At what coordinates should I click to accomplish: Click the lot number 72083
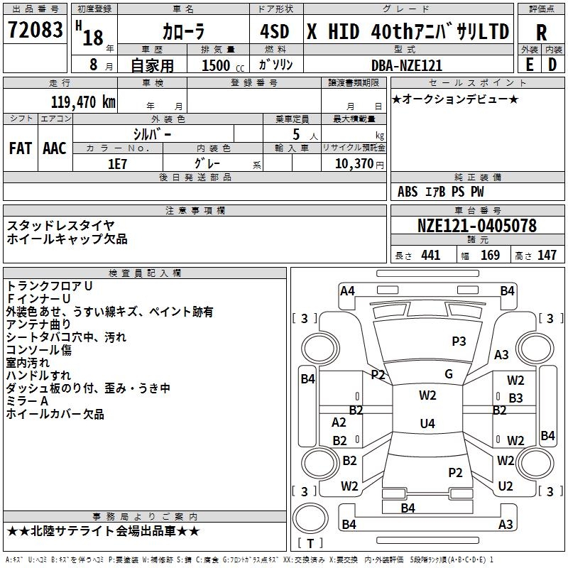pyautogui.click(x=35, y=31)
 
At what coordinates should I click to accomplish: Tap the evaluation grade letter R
pyautogui.click(x=542, y=33)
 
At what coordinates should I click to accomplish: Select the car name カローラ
pyautogui.click(x=183, y=32)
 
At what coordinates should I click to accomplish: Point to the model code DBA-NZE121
pyautogui.click(x=407, y=65)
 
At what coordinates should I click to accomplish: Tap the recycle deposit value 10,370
pyautogui.click(x=353, y=163)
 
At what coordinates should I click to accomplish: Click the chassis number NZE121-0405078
pyautogui.click(x=477, y=226)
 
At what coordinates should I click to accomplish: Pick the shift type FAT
pyautogui.click(x=20, y=148)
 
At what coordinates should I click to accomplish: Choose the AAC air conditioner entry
pyautogui.click(x=55, y=148)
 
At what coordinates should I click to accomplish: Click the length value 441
pyautogui.click(x=430, y=256)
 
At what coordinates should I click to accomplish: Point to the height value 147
pyautogui.click(x=547, y=256)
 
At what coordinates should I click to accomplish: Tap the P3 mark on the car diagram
pyautogui.click(x=459, y=342)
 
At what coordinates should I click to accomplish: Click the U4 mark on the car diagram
pyautogui.click(x=427, y=424)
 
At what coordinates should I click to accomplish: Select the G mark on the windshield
pyautogui.click(x=449, y=374)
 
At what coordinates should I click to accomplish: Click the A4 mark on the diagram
pyautogui.click(x=347, y=290)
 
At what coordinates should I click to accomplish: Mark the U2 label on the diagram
pyautogui.click(x=506, y=486)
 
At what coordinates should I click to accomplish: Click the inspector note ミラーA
pyautogui.click(x=28, y=401)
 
